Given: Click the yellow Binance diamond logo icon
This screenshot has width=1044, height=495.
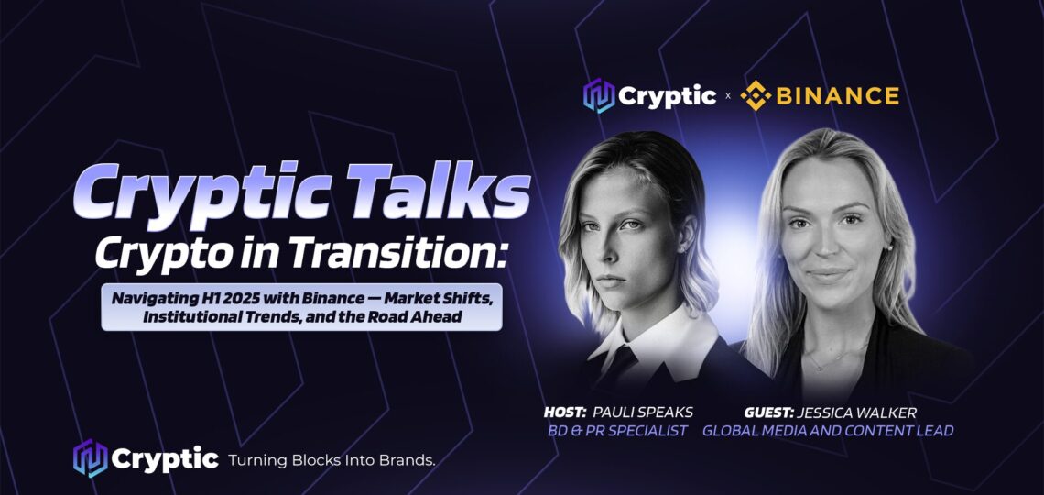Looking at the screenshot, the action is pyautogui.click(x=756, y=96).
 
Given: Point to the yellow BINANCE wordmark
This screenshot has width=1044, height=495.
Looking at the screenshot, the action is pyautogui.click(x=838, y=96).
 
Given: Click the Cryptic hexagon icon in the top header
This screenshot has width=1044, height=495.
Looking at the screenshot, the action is pyautogui.click(x=599, y=96).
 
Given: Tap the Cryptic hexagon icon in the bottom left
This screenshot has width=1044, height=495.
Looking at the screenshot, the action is pyautogui.click(x=90, y=458).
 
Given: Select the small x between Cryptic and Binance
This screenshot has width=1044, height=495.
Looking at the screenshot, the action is pyautogui.click(x=728, y=96).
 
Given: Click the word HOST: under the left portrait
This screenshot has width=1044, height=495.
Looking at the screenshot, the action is pyautogui.click(x=565, y=412).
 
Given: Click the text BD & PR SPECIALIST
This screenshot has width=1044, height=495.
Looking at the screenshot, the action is pyautogui.click(x=615, y=431).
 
